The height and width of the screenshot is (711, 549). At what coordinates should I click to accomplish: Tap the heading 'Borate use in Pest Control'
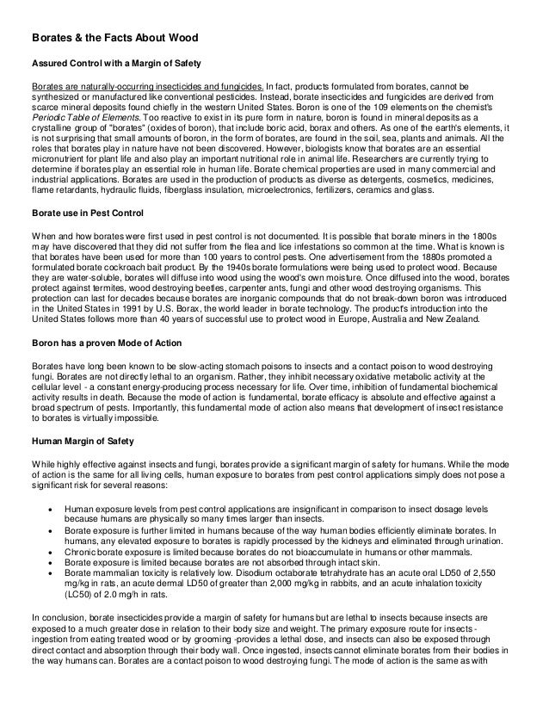pos(89,212)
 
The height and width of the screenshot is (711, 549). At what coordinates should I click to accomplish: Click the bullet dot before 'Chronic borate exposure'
pos(53,553)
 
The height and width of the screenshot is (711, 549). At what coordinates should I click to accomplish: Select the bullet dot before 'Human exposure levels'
pos(53,509)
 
